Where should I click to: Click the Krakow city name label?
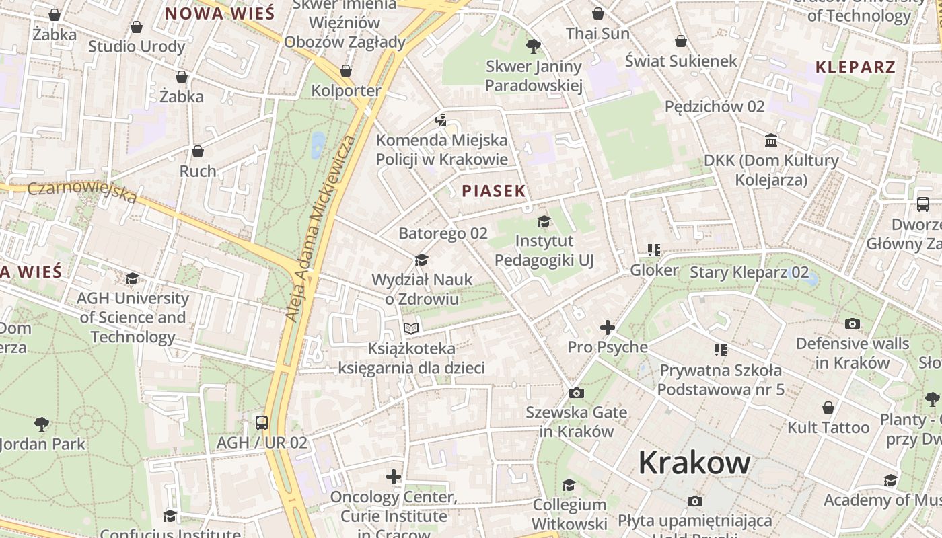point(694,463)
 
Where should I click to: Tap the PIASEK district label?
point(494,191)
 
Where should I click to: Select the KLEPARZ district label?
point(855,67)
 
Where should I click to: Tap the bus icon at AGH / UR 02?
point(262,423)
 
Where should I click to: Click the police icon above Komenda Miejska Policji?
point(441,120)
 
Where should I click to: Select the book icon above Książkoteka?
point(411,328)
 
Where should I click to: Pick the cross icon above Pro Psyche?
point(607,328)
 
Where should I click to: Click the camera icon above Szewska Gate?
point(576,393)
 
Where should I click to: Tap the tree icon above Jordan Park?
point(42,424)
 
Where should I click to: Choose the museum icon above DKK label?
point(771,141)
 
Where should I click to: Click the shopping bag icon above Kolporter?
point(346,71)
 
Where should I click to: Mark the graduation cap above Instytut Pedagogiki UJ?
point(544,221)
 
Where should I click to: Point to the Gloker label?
point(654,270)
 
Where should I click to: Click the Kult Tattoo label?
point(828,428)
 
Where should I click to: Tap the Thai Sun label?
point(597,34)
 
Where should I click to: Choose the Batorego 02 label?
point(443,234)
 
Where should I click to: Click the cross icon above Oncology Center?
point(394,477)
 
